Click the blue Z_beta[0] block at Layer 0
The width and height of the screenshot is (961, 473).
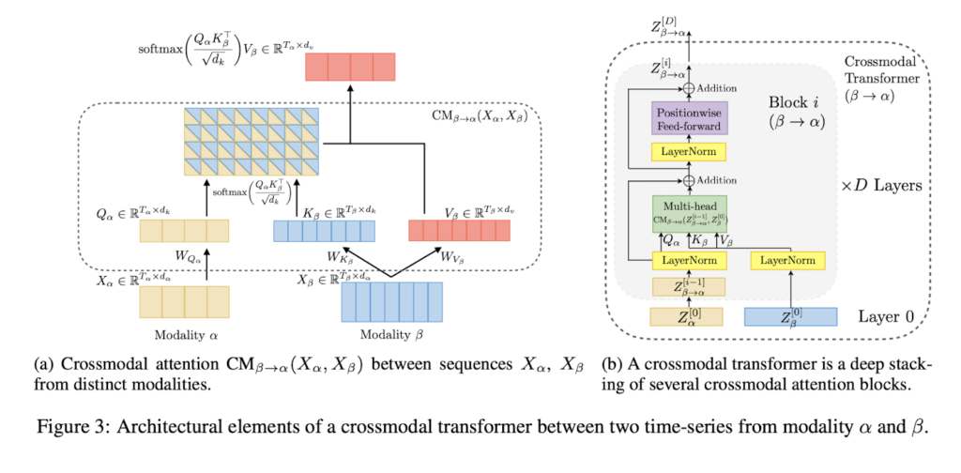[x=790, y=317]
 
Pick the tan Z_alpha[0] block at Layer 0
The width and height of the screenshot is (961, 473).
[x=688, y=316]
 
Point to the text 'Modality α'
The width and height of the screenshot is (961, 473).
[x=182, y=336]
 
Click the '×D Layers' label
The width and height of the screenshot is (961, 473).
[x=880, y=186]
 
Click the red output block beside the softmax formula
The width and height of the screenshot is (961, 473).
[x=350, y=68]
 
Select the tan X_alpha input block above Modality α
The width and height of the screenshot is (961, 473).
[x=184, y=299]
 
